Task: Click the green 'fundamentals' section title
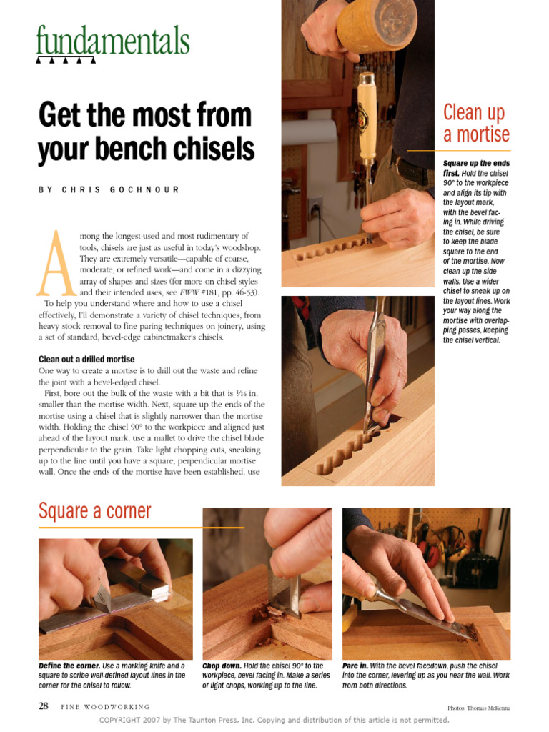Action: pos(113,41)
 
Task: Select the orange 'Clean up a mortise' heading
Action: pos(475,123)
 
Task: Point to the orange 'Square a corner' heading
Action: pos(95,511)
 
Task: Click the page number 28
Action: pos(44,706)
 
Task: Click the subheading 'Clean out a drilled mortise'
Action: pos(86,359)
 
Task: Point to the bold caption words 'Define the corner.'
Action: pos(69,666)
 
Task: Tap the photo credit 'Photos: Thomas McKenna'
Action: pos(479,708)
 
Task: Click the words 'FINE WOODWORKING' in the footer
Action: pos(105,707)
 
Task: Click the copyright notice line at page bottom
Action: pos(274,720)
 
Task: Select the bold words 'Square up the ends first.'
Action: pos(475,168)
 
